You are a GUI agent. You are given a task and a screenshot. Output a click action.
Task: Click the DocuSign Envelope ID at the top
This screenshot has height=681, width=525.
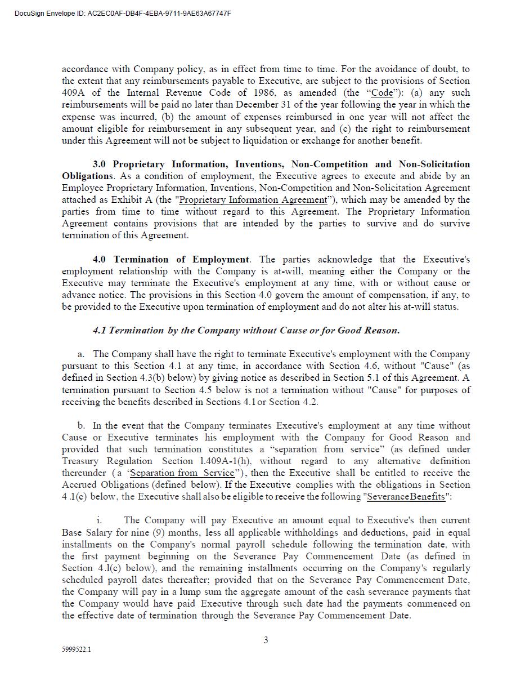123,14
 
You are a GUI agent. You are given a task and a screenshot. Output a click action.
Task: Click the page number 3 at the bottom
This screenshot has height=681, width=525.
266,640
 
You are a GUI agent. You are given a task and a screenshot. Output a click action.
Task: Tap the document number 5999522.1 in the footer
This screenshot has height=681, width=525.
77,649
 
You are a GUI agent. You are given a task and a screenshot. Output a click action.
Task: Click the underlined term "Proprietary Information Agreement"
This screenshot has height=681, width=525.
253,200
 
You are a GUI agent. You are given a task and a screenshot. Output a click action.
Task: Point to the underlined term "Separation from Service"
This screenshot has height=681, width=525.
182,473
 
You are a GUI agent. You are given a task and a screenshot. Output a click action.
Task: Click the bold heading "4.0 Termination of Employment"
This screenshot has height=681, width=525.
171,260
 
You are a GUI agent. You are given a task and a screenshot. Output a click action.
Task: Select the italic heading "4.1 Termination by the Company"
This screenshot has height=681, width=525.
246,331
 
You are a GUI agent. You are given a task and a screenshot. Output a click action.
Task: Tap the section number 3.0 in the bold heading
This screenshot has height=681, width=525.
99,164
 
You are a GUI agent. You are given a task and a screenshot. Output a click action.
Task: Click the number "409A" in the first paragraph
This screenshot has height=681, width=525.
73,93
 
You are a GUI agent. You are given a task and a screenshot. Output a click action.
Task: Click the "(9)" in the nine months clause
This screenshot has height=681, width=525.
160,532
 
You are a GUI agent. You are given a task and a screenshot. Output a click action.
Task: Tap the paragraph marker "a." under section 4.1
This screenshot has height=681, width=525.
82,354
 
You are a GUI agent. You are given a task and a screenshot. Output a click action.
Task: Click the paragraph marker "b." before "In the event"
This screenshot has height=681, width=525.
82,426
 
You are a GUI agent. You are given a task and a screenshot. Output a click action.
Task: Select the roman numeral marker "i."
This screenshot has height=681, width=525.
99,520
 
